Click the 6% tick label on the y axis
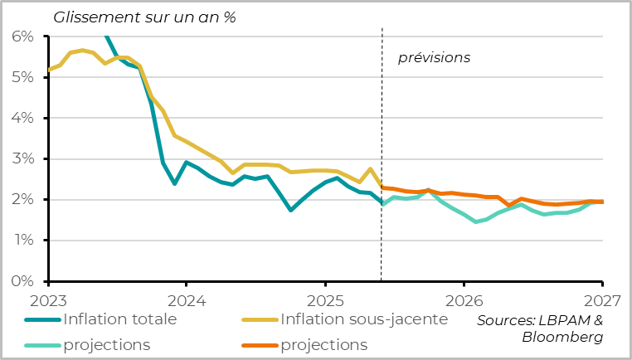pyautogui.click(x=22, y=37)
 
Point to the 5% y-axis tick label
pyautogui.click(x=22, y=78)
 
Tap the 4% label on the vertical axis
pyautogui.click(x=22, y=119)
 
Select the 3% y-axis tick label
pyautogui.click(x=22, y=159)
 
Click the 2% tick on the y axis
pyautogui.click(x=22, y=200)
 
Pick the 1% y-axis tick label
pyautogui.click(x=22, y=241)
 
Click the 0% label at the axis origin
pyautogui.click(x=22, y=281)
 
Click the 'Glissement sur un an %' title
pyautogui.click(x=145, y=17)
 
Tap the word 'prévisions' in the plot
pyautogui.click(x=434, y=58)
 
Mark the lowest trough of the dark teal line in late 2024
pyautogui.click(x=290, y=210)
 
